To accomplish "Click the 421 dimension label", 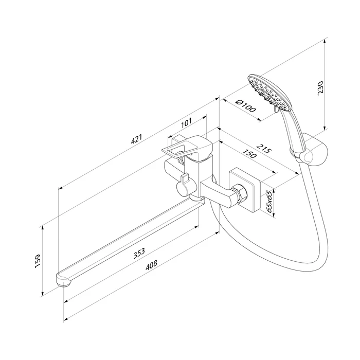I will click(136, 139).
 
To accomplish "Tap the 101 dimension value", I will click(186, 123).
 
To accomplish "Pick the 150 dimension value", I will click(249, 154).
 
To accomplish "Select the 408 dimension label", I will click(151, 265).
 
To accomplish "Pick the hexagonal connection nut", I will click(240, 193).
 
